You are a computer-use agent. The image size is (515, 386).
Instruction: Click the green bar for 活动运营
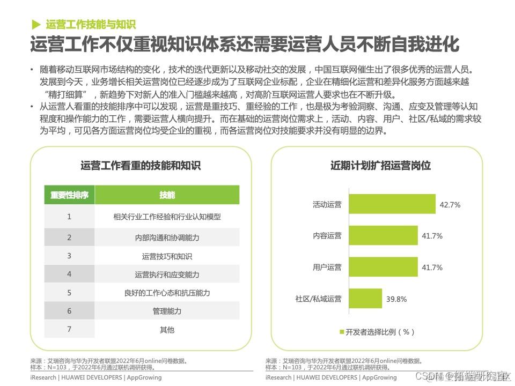pos(392,204)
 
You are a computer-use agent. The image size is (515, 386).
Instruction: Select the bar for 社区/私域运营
pos(366,299)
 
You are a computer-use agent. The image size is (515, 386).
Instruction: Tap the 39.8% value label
pos(397,299)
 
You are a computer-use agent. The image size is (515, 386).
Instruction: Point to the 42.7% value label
pos(450,205)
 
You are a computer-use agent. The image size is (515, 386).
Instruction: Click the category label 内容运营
pos(327,236)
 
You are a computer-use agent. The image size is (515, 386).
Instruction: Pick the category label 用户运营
pos(327,267)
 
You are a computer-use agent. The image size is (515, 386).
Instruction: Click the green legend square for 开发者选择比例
pos(341,332)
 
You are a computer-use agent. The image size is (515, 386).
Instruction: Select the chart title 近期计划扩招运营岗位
pos(380,166)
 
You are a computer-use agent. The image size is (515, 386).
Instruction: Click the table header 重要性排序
pos(69,195)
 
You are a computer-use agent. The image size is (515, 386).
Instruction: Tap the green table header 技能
pos(167,195)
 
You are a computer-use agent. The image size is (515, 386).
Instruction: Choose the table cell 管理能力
pos(167,311)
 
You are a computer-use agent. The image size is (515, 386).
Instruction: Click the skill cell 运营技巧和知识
pos(167,256)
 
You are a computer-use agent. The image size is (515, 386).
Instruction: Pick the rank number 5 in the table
pos(69,293)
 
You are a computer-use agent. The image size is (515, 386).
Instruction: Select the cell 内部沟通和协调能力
pos(167,237)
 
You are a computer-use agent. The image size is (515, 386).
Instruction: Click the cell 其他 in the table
pos(167,330)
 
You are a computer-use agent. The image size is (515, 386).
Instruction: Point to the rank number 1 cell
pos(69,217)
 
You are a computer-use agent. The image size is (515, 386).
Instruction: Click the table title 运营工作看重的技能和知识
pos(141,166)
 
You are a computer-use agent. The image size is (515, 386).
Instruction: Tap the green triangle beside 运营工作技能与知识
pos(36,24)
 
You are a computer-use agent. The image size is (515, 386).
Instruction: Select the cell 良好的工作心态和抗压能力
pos(167,293)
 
